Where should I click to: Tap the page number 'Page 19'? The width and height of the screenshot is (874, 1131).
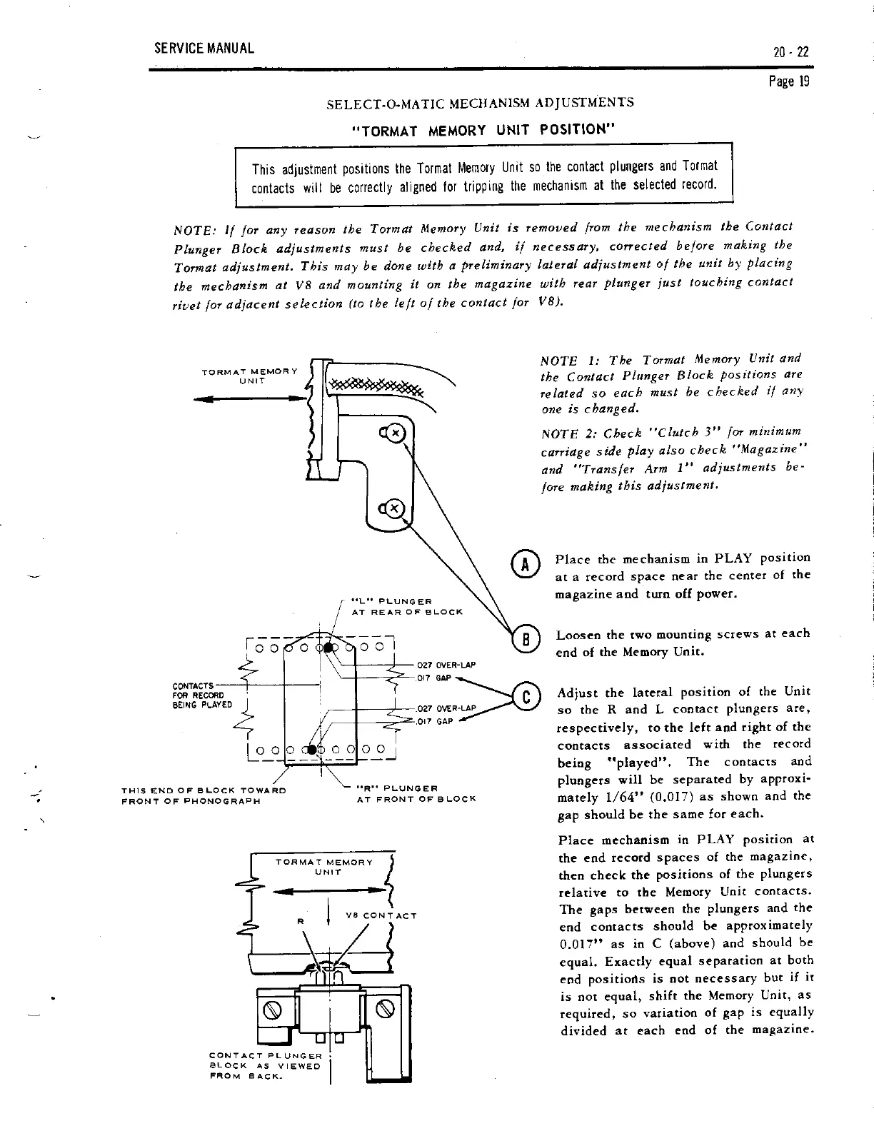pos(793,81)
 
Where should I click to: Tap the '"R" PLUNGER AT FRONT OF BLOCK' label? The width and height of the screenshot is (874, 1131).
pos(416,794)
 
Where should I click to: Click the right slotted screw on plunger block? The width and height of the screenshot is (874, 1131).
pos(386,1009)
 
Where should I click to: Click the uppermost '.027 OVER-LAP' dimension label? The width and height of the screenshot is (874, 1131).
pos(446,664)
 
